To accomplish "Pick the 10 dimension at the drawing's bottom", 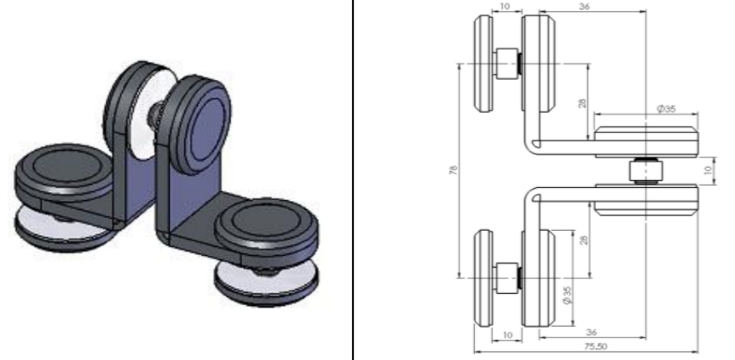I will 506,333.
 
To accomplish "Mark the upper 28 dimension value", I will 581,104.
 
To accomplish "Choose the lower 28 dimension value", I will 581,240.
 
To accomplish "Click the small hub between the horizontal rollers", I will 645,170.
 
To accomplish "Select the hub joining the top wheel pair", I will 509,64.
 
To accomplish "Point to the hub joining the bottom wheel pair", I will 509,274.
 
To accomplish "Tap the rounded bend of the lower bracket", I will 533,195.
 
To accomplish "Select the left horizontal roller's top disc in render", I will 65,169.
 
